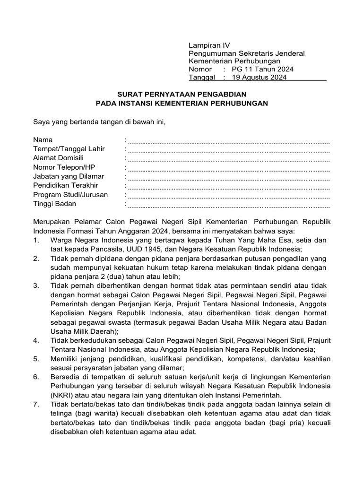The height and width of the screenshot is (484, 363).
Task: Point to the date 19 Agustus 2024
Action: [x=258, y=78]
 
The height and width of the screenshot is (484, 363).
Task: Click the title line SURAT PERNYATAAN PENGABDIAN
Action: [x=181, y=95]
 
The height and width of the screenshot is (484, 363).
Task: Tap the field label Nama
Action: [x=43, y=140]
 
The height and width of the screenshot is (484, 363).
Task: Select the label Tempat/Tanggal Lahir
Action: [x=69, y=149]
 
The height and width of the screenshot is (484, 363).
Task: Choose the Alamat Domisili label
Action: [x=58, y=158]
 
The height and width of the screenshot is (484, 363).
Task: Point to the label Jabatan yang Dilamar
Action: [x=69, y=176]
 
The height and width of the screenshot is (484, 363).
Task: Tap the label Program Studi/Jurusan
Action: [x=70, y=195]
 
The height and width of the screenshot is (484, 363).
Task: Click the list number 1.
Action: [x=36, y=241]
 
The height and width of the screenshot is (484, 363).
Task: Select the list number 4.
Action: [x=36, y=340]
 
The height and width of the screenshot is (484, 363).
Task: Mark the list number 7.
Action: [x=36, y=404]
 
